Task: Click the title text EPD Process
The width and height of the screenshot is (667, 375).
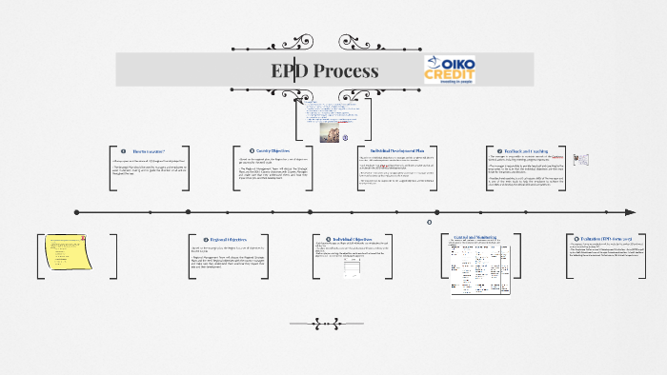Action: point(324,71)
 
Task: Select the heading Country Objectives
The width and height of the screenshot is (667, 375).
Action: point(273,150)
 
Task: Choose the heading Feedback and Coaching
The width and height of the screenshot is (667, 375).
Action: point(525,150)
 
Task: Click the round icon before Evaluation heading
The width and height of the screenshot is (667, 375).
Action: point(570,240)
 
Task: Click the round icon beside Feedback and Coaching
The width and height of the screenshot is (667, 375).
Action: point(490,150)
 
